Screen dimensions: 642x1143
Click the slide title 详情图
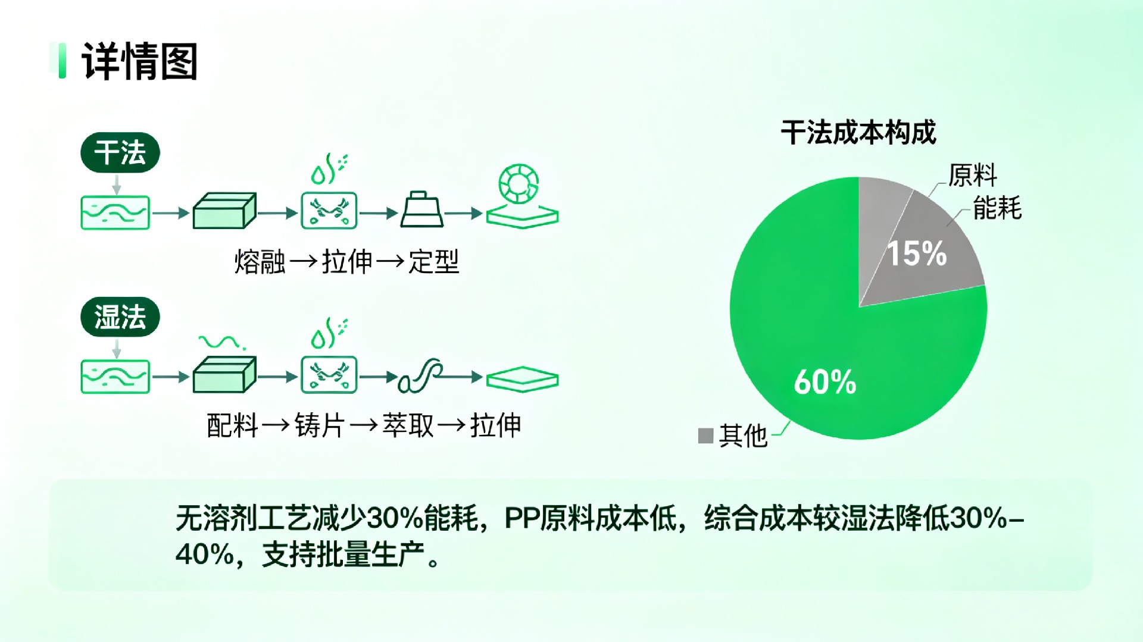click(139, 61)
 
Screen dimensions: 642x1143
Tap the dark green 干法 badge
click(120, 153)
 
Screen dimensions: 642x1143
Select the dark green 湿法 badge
click(120, 317)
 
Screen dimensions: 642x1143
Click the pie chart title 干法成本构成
click(858, 132)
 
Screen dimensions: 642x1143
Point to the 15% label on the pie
click(917, 253)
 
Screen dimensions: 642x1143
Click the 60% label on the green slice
click(825, 382)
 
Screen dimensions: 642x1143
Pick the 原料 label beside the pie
click(972, 176)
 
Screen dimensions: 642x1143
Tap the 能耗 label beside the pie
click(997, 208)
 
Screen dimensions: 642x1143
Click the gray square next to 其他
click(705, 436)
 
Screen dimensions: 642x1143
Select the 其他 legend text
click(743, 436)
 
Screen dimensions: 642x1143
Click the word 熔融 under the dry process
click(260, 262)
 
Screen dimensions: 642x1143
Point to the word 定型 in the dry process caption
click(433, 262)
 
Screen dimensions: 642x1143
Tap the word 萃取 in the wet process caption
click(408, 425)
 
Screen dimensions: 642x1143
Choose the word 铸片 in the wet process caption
click(320, 425)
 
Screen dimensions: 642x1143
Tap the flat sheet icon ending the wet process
click(522, 379)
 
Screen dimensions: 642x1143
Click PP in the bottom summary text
click(521, 519)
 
